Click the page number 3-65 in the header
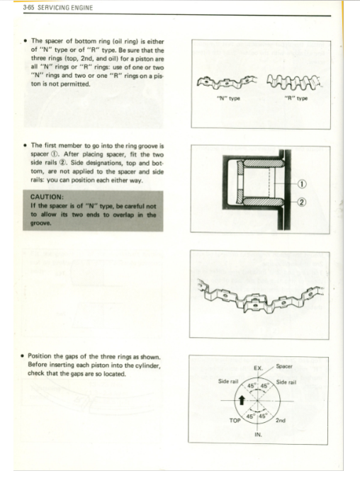point(28,8)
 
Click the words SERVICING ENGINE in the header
point(65,8)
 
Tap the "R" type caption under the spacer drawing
point(296,98)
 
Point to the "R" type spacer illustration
point(294,81)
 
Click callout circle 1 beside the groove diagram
point(301,184)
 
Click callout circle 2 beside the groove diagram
point(301,202)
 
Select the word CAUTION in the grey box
point(47,197)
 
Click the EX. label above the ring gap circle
point(258,368)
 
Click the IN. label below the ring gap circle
point(258,435)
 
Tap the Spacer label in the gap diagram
point(284,366)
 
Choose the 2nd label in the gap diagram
point(281,420)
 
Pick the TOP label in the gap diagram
point(235,421)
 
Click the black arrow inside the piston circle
point(242,400)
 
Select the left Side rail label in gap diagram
point(228,381)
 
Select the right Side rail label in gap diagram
point(286,382)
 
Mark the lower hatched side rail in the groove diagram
point(263,202)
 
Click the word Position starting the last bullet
point(40,356)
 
